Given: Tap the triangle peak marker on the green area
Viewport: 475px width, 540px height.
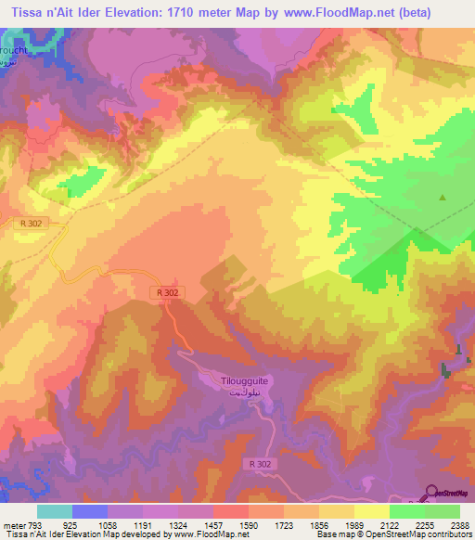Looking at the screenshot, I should pyautogui.click(x=443, y=198).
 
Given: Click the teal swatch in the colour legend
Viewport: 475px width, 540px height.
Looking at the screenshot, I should pyautogui.click(x=55, y=511).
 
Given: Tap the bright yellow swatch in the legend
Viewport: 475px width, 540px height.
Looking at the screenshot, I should pyautogui.click(x=372, y=511).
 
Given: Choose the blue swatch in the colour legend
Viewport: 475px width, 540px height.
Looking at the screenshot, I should pyautogui.click(x=90, y=511).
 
